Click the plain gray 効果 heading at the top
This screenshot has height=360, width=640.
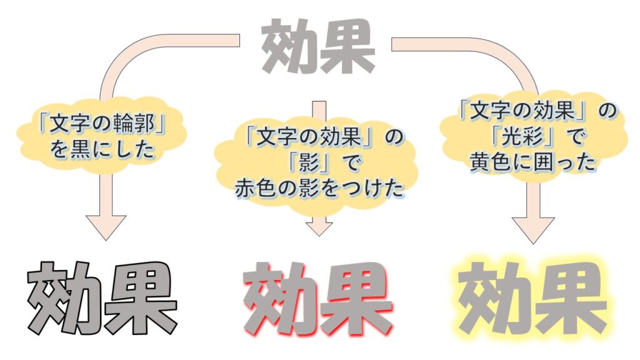point(318,46)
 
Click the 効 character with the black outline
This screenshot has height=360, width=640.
point(65,297)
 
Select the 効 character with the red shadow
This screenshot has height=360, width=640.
point(281,298)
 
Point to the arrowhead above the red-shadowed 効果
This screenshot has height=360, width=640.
point(319,229)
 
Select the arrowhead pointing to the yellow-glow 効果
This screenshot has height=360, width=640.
point(533,231)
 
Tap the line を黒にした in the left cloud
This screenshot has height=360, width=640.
point(102,149)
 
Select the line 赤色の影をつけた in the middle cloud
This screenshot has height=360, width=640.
point(319,189)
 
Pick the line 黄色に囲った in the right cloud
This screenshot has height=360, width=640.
point(533,162)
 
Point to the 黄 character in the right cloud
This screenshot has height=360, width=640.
point(480,162)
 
